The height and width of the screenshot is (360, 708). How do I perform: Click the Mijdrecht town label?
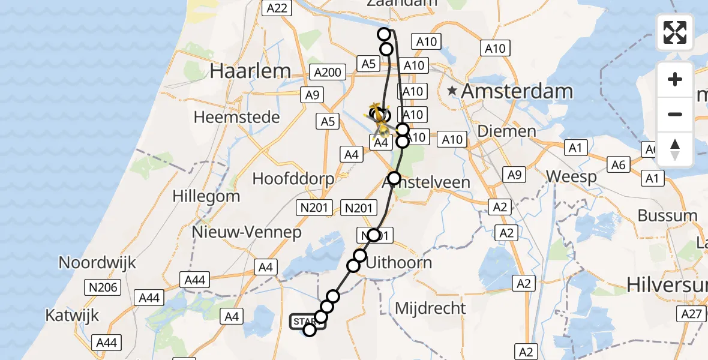(430, 308)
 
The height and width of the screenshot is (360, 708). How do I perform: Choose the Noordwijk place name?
(97, 262)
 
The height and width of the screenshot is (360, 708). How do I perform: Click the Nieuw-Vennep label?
(247, 232)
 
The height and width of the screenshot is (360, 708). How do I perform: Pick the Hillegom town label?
(206, 196)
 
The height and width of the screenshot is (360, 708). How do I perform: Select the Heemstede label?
(236, 116)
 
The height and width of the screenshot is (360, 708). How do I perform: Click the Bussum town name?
(667, 215)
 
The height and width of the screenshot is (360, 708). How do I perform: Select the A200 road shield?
(328, 73)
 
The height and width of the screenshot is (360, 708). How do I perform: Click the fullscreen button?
(675, 32)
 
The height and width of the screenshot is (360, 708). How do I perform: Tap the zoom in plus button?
(675, 79)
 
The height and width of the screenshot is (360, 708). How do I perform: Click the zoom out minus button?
(675, 114)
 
